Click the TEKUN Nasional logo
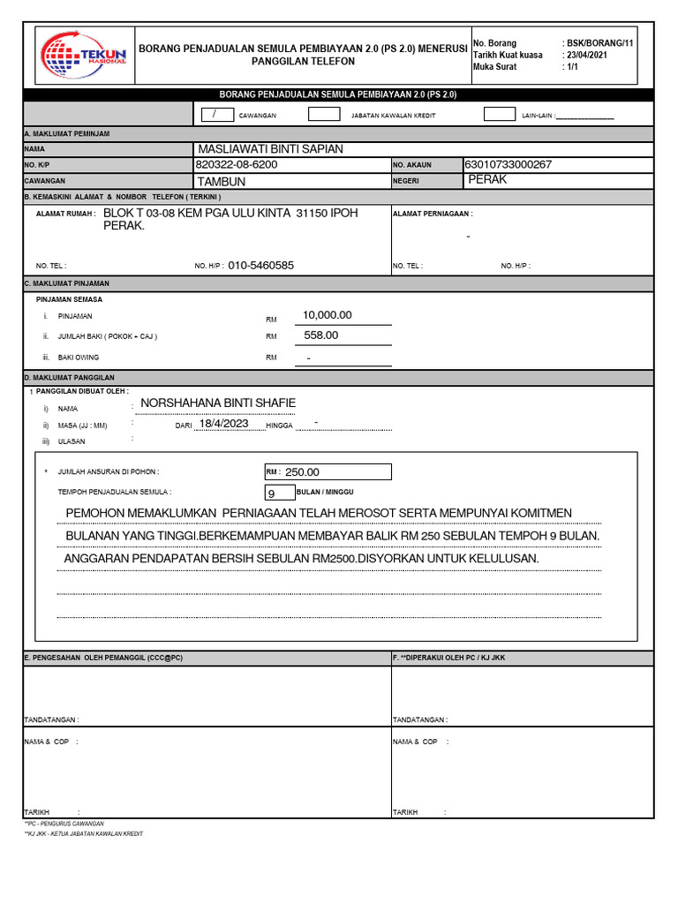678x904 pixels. tap(86, 56)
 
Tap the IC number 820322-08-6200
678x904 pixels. tap(236, 165)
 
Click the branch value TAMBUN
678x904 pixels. tap(221, 181)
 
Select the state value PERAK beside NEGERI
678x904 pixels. tap(487, 179)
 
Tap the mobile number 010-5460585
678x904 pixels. tap(260, 265)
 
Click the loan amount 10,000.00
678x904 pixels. tap(327, 315)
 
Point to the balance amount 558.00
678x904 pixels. tap(321, 335)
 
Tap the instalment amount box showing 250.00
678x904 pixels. tap(328, 472)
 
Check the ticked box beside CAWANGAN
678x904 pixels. tap(215, 114)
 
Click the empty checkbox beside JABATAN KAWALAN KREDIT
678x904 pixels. tap(324, 114)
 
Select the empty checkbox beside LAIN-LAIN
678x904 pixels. tap(501, 114)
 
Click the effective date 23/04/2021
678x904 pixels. tap(587, 55)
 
